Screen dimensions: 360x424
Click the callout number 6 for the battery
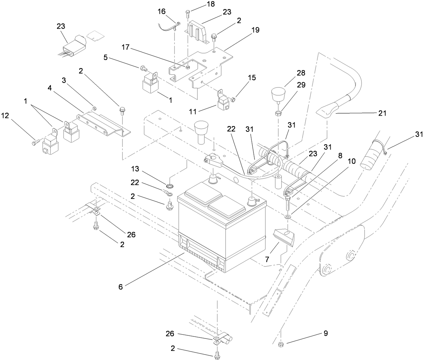[x=121, y=287]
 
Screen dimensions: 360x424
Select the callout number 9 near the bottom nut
[x=325, y=333]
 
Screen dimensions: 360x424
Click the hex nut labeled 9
[x=280, y=344]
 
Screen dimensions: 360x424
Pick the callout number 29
[x=301, y=85]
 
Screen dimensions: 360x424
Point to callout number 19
[x=255, y=30]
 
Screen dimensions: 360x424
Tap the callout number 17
[x=125, y=47]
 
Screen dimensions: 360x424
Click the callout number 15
[x=251, y=78]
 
